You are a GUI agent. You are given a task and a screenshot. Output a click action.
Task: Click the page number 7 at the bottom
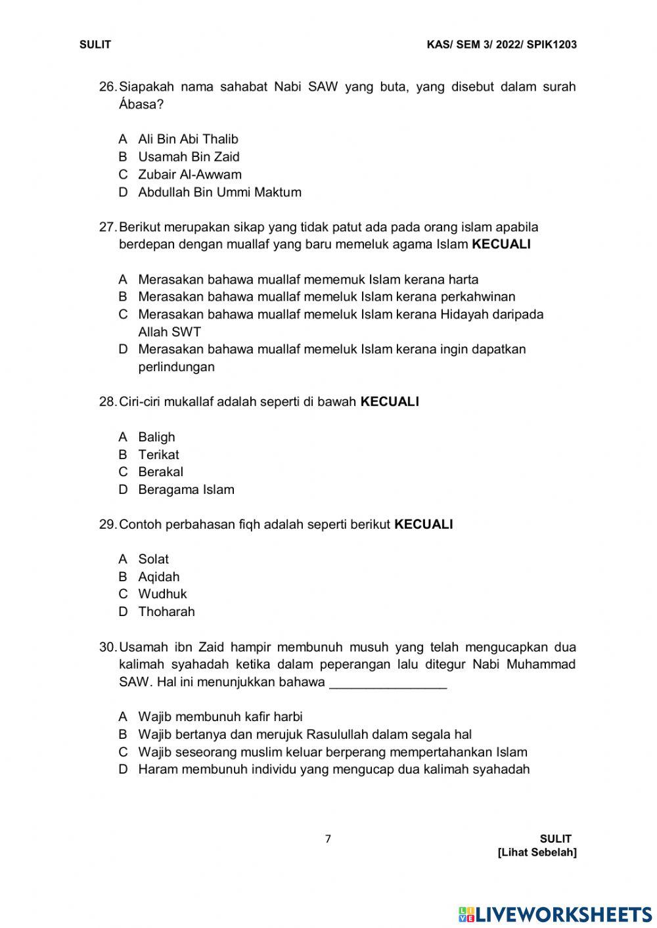[x=328, y=839]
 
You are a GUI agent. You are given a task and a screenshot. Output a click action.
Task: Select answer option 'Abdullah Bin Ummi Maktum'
[x=219, y=192]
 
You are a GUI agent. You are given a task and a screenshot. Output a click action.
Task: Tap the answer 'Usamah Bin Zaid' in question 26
[x=189, y=157]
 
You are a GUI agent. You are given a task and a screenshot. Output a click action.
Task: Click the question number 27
[x=107, y=227]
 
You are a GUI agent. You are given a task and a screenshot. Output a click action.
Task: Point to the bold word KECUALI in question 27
[x=501, y=245]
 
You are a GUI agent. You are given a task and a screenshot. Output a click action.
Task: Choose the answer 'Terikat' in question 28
[x=158, y=454]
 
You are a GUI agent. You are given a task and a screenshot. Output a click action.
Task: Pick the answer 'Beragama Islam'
[x=186, y=489]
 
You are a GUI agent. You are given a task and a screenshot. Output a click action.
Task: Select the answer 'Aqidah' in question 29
[x=158, y=577]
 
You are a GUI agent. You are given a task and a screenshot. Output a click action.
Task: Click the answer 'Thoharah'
[x=166, y=611]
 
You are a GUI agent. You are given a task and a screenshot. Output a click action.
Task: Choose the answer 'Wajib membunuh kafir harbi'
[x=220, y=717]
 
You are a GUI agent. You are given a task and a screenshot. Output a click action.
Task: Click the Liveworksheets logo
[x=555, y=914]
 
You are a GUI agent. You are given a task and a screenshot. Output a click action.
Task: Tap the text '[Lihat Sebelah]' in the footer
[x=537, y=852]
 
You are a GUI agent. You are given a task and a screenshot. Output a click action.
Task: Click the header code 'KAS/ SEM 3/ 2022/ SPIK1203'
[x=501, y=45]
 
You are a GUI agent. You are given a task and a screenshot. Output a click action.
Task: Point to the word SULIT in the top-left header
[x=95, y=45]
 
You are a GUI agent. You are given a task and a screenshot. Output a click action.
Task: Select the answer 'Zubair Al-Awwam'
[x=189, y=175]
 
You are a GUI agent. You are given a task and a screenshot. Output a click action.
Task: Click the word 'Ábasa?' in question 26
[x=141, y=104]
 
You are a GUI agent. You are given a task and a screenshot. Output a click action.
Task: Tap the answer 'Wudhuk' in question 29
[x=162, y=594]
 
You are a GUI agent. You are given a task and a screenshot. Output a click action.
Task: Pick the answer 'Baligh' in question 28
[x=156, y=437]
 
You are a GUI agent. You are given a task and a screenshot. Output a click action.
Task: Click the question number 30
[x=107, y=647]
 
